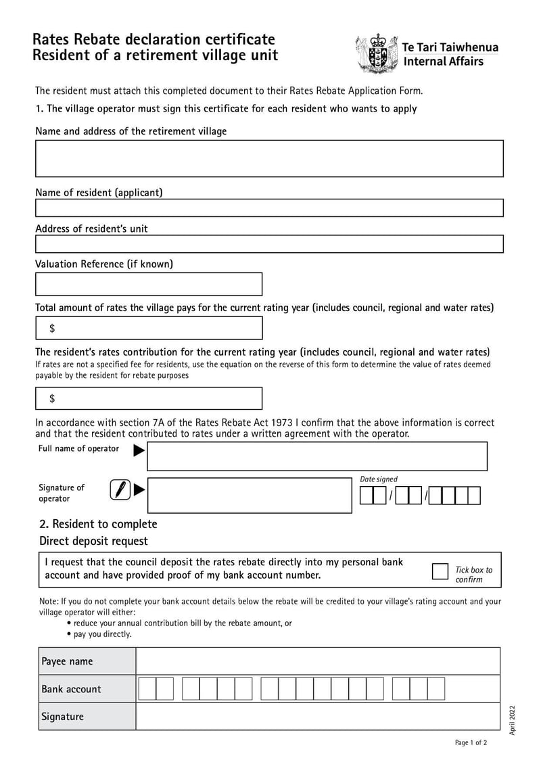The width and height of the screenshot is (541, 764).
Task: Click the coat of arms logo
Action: click(375, 53)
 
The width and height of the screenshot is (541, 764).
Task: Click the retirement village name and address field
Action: click(269, 158)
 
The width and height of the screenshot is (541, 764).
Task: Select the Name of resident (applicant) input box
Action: click(269, 208)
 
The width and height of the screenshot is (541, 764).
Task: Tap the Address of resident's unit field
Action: click(269, 243)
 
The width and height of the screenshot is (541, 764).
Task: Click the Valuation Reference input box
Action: click(149, 284)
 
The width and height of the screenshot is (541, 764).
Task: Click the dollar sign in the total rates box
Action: click(52, 329)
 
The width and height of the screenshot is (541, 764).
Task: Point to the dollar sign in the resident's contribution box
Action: click(52, 399)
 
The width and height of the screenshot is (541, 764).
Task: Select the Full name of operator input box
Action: click(316, 456)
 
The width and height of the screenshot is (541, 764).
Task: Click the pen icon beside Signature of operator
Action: click(120, 489)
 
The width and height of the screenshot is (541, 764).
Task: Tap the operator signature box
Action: click(249, 496)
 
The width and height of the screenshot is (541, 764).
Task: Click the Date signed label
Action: click(379, 479)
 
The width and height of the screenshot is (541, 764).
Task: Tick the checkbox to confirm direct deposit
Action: click(440, 571)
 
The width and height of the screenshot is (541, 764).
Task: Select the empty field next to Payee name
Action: click(318, 661)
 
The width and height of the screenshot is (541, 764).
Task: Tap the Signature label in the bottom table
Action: click(63, 717)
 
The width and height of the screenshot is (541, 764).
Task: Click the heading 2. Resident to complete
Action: click(98, 524)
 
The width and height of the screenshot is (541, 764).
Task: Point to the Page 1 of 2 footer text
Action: click(471, 742)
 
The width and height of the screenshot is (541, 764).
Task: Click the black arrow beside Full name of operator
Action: click(139, 450)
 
